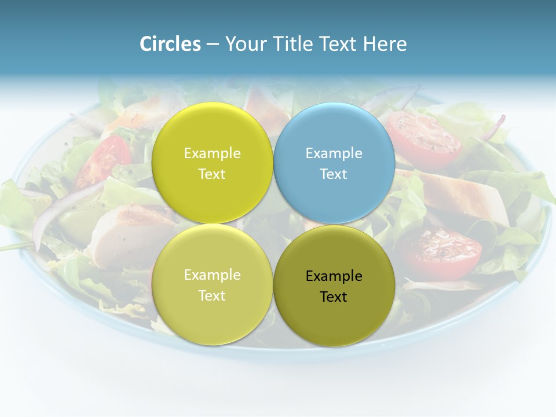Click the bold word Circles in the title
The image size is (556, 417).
[170, 44]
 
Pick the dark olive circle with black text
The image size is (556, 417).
[334, 286]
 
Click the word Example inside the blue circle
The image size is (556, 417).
[334, 153]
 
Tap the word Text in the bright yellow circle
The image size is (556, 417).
[212, 174]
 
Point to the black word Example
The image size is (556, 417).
[334, 276]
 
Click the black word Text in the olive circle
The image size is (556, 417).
[334, 297]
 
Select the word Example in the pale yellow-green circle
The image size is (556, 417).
[212, 275]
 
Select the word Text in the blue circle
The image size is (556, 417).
[334, 174]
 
